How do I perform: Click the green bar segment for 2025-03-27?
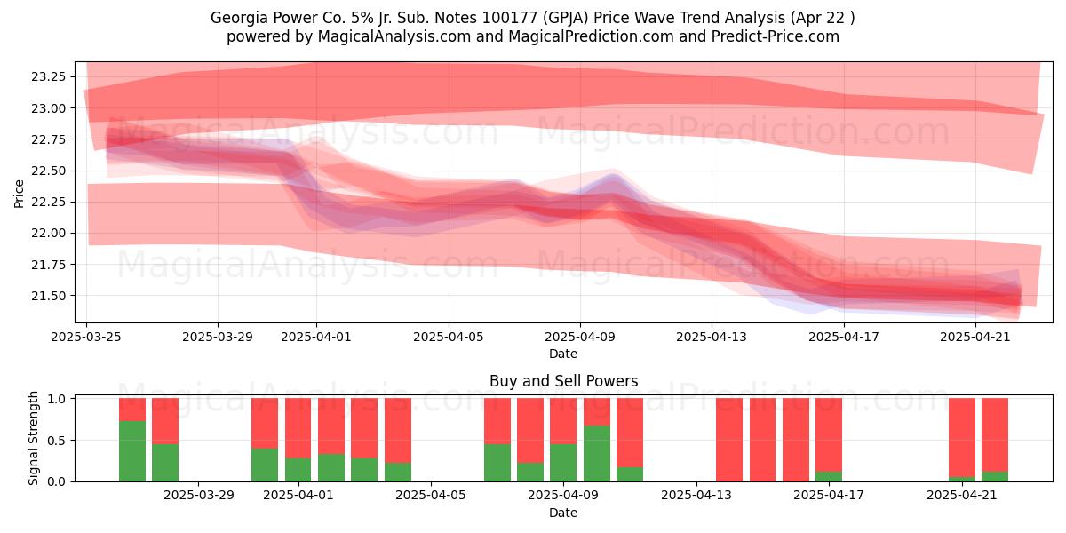point(132,451)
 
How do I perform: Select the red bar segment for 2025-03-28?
point(165,421)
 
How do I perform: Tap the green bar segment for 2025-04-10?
point(597,454)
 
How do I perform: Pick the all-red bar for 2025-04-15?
point(762,440)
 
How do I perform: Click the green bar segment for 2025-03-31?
point(265,465)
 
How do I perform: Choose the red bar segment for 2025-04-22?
point(995,435)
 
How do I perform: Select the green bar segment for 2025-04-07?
point(497,463)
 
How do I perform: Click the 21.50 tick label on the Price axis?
point(49,296)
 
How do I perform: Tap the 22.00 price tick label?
point(49,233)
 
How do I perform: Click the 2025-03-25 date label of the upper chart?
point(86,337)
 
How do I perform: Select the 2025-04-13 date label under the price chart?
point(712,337)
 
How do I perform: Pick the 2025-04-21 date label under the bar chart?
point(962,496)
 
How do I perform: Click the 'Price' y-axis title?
point(19,194)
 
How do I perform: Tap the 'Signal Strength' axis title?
point(33,438)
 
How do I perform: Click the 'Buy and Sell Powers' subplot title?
point(563,381)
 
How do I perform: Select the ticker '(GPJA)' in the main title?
point(565,18)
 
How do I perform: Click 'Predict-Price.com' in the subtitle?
point(776,36)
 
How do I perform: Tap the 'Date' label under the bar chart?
point(563,513)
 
